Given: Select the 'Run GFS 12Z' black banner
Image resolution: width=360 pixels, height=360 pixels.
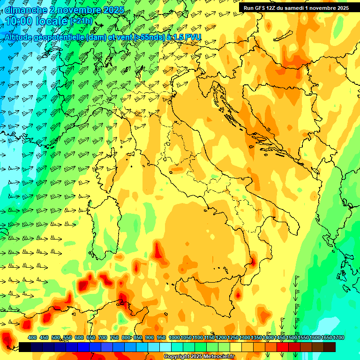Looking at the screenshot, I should [x=295, y=8].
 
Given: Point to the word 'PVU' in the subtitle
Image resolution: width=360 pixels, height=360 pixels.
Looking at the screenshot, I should [x=193, y=37].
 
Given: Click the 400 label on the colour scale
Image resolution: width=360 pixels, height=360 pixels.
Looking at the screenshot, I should [x=32, y=338].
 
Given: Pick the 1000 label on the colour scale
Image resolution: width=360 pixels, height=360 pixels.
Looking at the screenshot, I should [x=174, y=338].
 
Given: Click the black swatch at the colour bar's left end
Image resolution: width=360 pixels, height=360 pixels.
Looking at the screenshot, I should [x=25, y=347].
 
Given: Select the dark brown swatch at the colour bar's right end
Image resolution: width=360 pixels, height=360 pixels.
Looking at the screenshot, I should [x=330, y=347].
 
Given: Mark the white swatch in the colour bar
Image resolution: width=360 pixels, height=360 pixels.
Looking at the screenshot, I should [x=165, y=347].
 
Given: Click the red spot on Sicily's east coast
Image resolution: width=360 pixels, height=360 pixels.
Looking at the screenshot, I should [x=238, y=294].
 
